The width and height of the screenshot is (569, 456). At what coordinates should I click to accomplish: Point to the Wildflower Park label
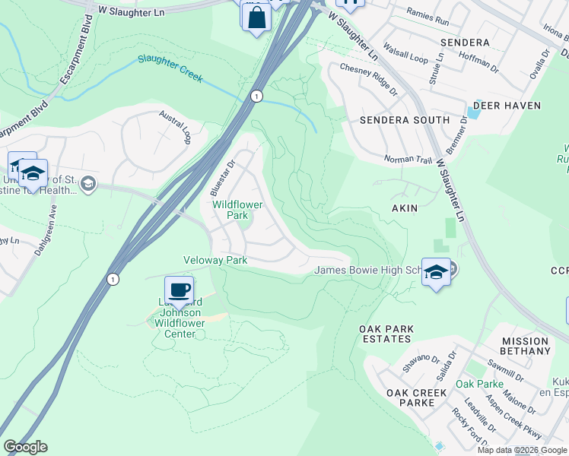(x=237, y=210)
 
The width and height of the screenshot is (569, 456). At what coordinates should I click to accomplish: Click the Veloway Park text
(x=215, y=260)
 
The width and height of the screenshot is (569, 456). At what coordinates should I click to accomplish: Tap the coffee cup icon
(x=179, y=290)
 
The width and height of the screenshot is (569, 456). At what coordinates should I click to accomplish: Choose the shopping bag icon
(x=256, y=17)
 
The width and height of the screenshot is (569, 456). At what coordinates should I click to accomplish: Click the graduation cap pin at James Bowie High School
(x=436, y=272)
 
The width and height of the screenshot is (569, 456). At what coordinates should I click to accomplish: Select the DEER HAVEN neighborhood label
(x=507, y=106)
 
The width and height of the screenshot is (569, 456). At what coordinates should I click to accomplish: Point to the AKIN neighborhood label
(x=404, y=207)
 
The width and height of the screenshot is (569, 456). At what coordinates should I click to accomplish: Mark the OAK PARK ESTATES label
(x=386, y=334)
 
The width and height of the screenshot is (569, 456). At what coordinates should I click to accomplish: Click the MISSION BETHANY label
(x=525, y=347)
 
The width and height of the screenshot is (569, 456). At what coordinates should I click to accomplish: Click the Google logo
(x=25, y=447)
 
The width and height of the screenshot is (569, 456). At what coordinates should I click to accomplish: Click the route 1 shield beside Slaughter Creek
(x=257, y=96)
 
